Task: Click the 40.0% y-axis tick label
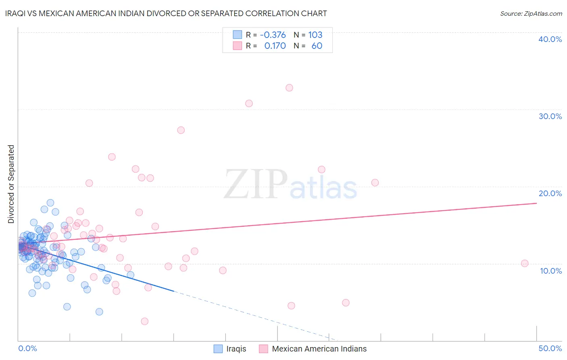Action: (550, 39)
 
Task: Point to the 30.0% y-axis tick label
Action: (550, 116)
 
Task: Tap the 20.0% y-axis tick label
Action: (550, 193)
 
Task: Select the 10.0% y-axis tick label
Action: (550, 271)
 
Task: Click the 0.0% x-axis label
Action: (27, 348)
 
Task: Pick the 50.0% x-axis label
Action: (550, 348)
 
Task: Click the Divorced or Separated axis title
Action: (11, 184)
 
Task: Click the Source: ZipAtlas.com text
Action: (531, 14)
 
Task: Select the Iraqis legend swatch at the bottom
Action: (218, 349)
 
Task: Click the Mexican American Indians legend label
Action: (319, 349)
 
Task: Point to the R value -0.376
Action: (273, 35)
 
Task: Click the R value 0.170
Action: (275, 46)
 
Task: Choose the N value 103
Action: (315, 35)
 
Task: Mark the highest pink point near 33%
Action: (289, 88)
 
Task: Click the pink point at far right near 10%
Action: (525, 263)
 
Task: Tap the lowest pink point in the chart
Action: (144, 321)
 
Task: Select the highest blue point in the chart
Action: (50, 203)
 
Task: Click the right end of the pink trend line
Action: (536, 203)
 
